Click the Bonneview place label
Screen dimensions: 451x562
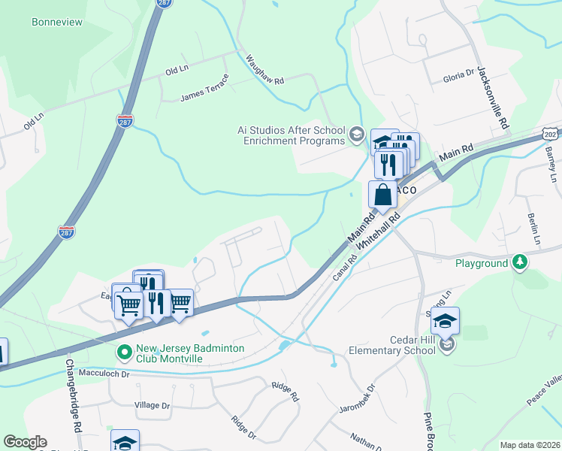pos(57,23)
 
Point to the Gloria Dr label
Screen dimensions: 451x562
pos(459,75)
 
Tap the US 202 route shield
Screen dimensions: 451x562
pos(551,133)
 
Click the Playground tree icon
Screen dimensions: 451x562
pos(519,262)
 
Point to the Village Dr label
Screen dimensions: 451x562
pos(152,405)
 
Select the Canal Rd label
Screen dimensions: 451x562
pos(342,268)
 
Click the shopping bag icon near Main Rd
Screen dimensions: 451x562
pos(382,195)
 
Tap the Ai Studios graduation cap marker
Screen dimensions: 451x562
pos(356,136)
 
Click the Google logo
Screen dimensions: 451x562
pos(26,442)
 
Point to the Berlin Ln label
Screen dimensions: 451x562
pos(535,229)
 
